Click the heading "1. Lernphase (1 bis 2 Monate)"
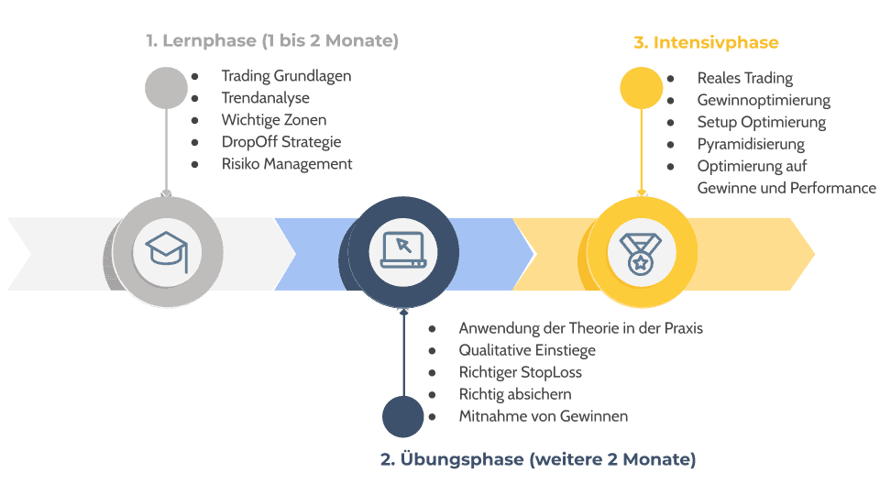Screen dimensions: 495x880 (272, 41)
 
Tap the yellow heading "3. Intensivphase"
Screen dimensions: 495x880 (706, 42)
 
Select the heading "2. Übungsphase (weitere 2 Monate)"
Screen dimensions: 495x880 (538, 458)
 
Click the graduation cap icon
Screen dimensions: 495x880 (167, 248)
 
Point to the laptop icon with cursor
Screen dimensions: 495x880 (402, 248)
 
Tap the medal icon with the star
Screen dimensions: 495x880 (637, 249)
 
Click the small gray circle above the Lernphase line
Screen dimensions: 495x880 (166, 88)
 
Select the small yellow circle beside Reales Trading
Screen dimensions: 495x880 (642, 88)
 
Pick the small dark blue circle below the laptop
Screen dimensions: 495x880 (402, 417)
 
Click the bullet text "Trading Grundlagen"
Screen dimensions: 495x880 (286, 76)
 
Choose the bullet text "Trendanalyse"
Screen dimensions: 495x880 (265, 98)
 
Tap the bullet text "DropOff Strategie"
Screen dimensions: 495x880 (280, 142)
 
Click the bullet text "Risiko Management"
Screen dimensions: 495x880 (286, 164)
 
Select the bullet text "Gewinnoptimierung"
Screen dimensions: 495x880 (763, 100)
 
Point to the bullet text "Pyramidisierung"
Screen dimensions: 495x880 (750, 144)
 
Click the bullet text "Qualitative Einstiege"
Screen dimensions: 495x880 (527, 350)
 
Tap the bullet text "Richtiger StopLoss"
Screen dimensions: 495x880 (520, 372)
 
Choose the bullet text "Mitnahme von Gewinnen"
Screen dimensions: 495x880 (543, 416)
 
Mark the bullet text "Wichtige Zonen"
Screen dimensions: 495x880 (273, 120)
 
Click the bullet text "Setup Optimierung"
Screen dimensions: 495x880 (761, 122)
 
